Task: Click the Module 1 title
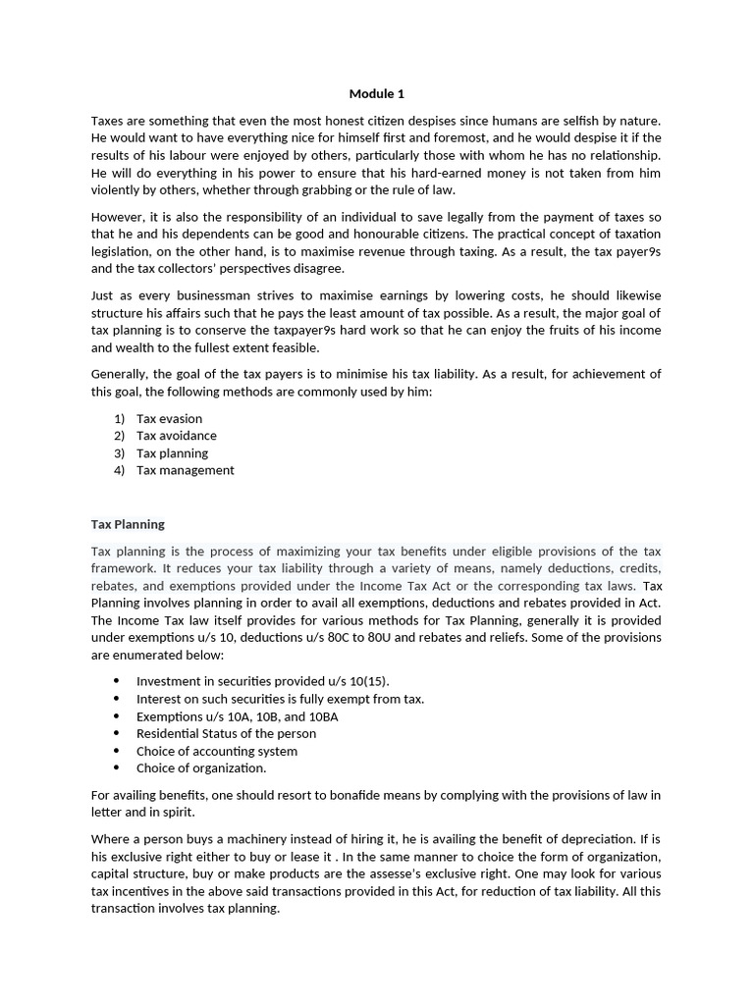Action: (x=376, y=94)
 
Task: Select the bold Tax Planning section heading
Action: (x=128, y=524)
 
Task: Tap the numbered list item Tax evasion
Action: (x=169, y=419)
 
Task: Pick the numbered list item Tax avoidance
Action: (x=177, y=436)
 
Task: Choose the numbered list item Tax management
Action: (x=185, y=470)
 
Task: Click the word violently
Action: (x=118, y=190)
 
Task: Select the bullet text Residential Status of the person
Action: (x=226, y=734)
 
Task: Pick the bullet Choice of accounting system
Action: (x=217, y=752)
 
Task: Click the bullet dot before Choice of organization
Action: (x=117, y=768)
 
